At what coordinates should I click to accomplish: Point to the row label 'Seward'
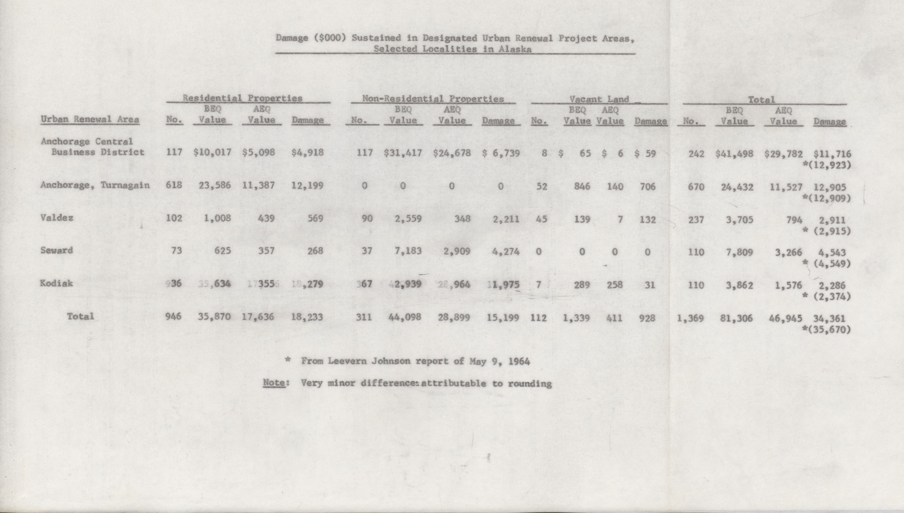pos(57,251)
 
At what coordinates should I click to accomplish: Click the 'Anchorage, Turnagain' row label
pos(95,185)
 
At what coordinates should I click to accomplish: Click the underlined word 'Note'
pos(274,383)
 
